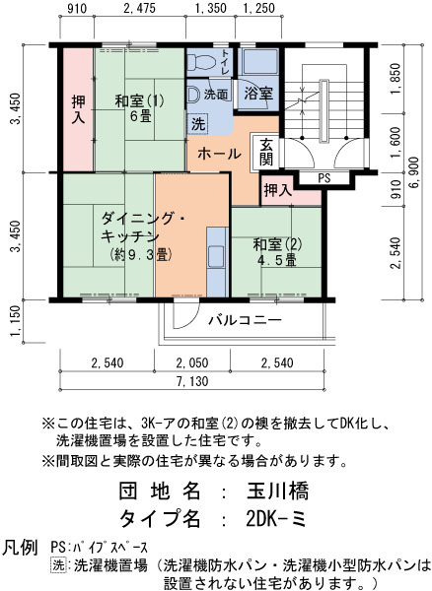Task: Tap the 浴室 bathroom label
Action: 258,93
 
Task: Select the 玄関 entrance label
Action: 266,152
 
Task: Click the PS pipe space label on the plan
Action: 324,178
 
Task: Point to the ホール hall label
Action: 219,154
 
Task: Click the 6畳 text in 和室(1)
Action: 141,116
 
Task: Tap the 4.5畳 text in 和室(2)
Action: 276,260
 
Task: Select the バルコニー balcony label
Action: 246,320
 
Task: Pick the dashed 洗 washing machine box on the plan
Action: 198,124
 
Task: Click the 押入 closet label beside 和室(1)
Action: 78,109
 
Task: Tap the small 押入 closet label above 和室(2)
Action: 278,190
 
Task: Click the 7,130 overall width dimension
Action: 192,381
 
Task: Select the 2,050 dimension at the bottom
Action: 192,362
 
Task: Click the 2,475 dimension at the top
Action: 140,8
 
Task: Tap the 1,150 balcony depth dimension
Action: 15,321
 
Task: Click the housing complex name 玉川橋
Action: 278,491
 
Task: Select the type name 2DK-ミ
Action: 276,519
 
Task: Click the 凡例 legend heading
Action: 20,547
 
